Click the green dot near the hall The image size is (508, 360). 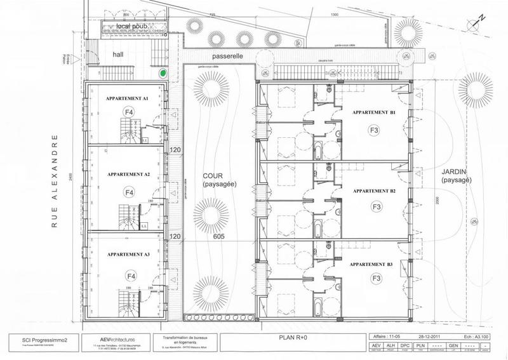tap(163, 74)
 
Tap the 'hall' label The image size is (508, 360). tap(117, 55)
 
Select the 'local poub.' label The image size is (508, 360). tap(133, 26)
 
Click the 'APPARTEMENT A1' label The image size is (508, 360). tap(128, 99)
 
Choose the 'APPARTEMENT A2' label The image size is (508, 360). tap(129, 173)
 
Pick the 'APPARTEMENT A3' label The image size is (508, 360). tap(129, 254)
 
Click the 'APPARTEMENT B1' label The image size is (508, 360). tap(375, 112)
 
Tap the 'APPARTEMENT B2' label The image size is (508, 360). tap(375, 190)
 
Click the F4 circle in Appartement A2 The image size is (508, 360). tap(129, 191)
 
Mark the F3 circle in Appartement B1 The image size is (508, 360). tap(375, 130)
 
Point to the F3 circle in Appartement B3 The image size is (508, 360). tap(376, 279)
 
